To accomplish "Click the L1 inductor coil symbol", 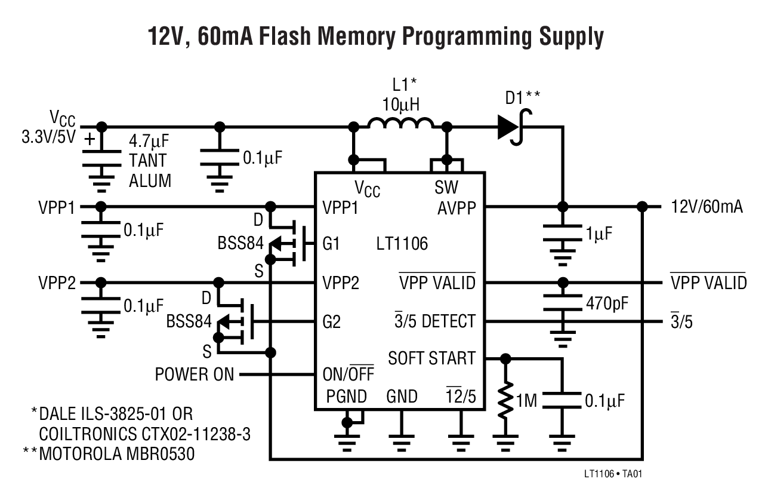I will pyautogui.click(x=400, y=124).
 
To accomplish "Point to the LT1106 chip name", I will pyautogui.click(x=402, y=244).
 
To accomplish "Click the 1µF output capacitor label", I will pyautogui.click(x=600, y=234).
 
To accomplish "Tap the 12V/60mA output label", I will pyautogui.click(x=707, y=207).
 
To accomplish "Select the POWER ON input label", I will pyautogui.click(x=195, y=375).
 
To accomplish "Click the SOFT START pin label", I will pyautogui.click(x=431, y=358).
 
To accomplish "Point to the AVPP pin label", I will pyautogui.click(x=456, y=207).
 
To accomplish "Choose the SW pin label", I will pyautogui.click(x=446, y=188).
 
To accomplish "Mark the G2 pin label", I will pyautogui.click(x=331, y=322).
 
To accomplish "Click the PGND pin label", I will pyautogui.click(x=346, y=396).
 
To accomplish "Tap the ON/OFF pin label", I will pyautogui.click(x=347, y=375).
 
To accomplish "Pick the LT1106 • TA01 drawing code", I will pyautogui.click(x=613, y=474).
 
